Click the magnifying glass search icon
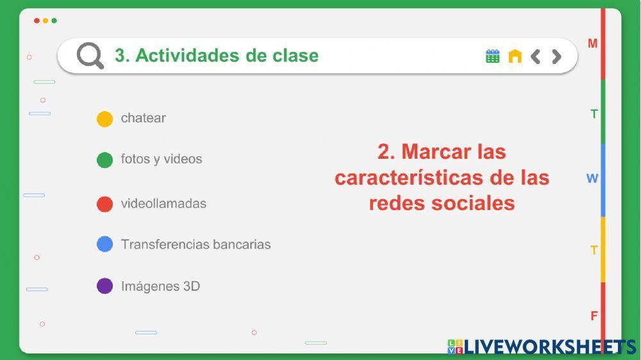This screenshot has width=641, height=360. [x=90, y=56]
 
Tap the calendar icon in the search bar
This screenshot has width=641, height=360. [x=492, y=56]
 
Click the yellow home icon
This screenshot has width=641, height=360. [x=515, y=56]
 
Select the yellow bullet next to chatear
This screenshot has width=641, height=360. [x=104, y=119]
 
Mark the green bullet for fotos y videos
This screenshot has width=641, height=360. [x=104, y=160]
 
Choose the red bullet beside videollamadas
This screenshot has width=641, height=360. [x=104, y=204]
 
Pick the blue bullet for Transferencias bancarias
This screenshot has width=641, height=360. [x=104, y=244]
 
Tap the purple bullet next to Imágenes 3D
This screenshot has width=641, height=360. [x=104, y=286]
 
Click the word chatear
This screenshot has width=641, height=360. [x=143, y=118]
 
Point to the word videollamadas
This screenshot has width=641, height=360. [x=163, y=204]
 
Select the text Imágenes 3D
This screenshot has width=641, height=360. [x=160, y=286]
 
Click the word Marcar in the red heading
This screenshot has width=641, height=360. [x=436, y=152]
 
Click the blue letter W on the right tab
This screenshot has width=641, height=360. [x=592, y=179]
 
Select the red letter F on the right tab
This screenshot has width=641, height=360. [x=594, y=316]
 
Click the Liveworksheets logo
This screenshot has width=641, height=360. [x=542, y=347]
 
